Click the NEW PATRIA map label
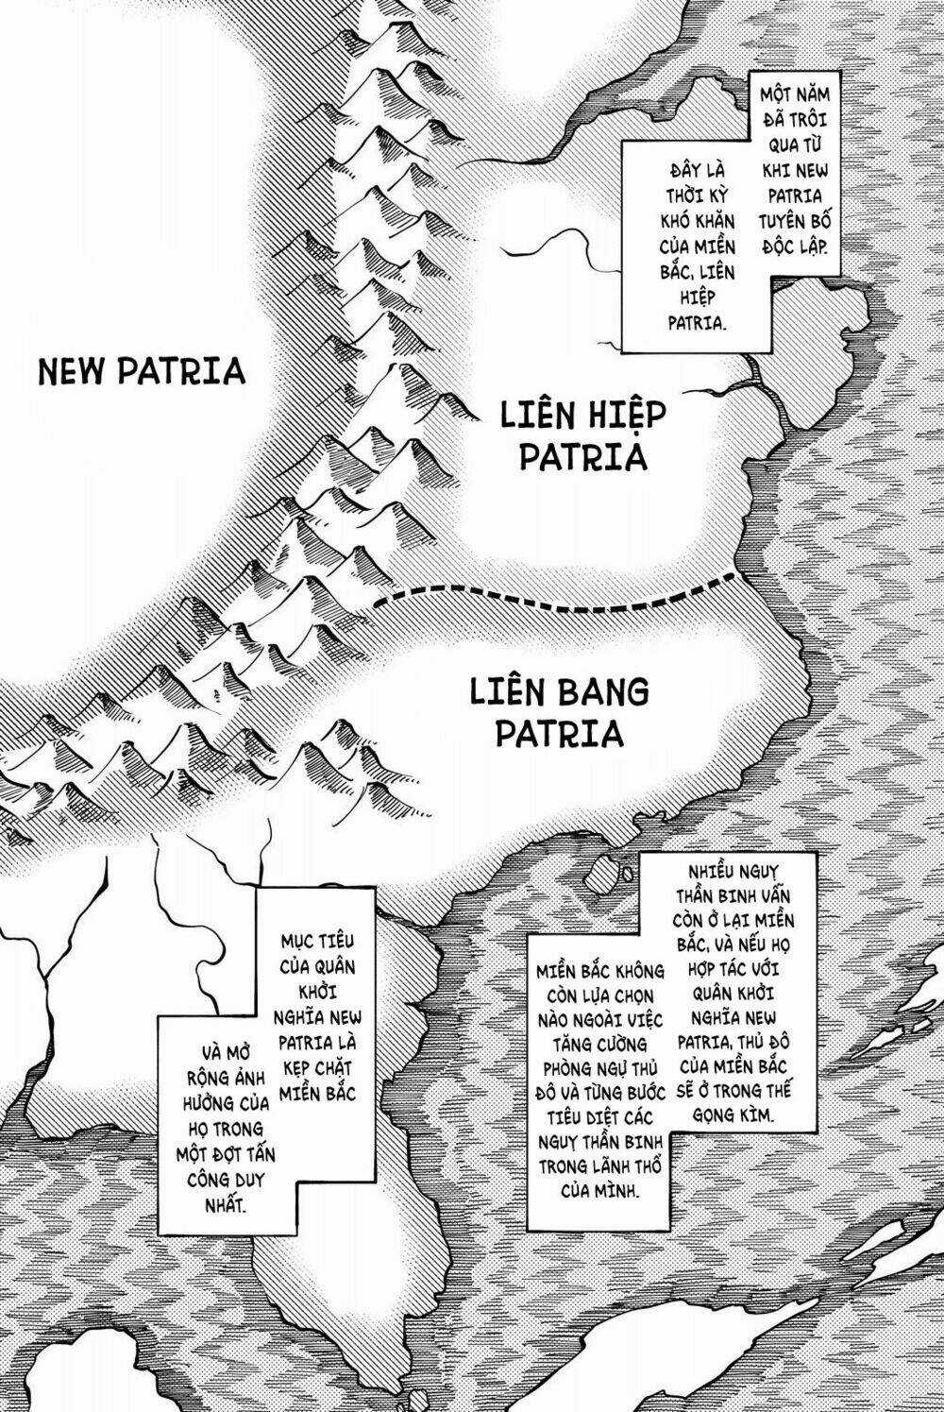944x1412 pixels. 142,370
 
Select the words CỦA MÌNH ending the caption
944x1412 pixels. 600,1189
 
